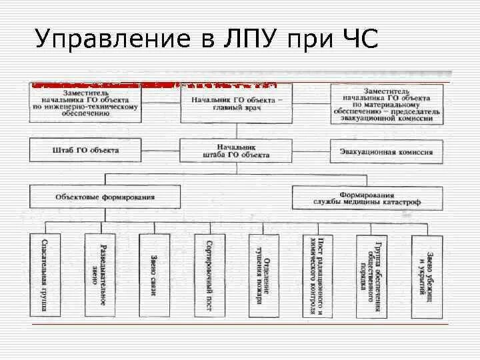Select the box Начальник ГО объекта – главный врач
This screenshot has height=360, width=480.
click(x=237, y=104)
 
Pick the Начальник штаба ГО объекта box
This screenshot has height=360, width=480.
click(x=237, y=151)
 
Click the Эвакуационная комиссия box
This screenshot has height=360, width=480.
click(x=387, y=151)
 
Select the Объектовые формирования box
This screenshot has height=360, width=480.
click(x=105, y=197)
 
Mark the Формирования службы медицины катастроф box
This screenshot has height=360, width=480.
click(x=367, y=197)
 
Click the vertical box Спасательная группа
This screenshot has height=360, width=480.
click(x=45, y=275)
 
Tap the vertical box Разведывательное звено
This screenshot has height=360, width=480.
click(x=99, y=275)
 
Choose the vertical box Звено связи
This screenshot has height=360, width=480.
click(x=154, y=275)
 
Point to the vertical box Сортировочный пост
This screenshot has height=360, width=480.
click(x=209, y=275)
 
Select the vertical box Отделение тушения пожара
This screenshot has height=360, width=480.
click(x=263, y=275)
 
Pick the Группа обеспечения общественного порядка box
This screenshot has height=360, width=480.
click(x=373, y=275)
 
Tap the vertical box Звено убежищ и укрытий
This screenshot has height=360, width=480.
click(x=427, y=275)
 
